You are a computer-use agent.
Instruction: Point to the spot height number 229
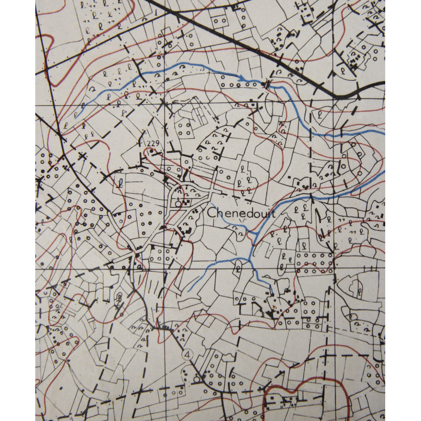point(153,144)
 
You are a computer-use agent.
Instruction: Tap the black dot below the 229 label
point(152,151)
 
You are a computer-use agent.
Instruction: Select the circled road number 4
point(187,355)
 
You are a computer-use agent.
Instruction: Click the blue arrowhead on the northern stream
point(242,79)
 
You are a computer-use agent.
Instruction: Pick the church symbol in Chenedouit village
point(179,202)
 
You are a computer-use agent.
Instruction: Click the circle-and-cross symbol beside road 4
point(197,378)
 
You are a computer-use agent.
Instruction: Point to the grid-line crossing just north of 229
point(164,105)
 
